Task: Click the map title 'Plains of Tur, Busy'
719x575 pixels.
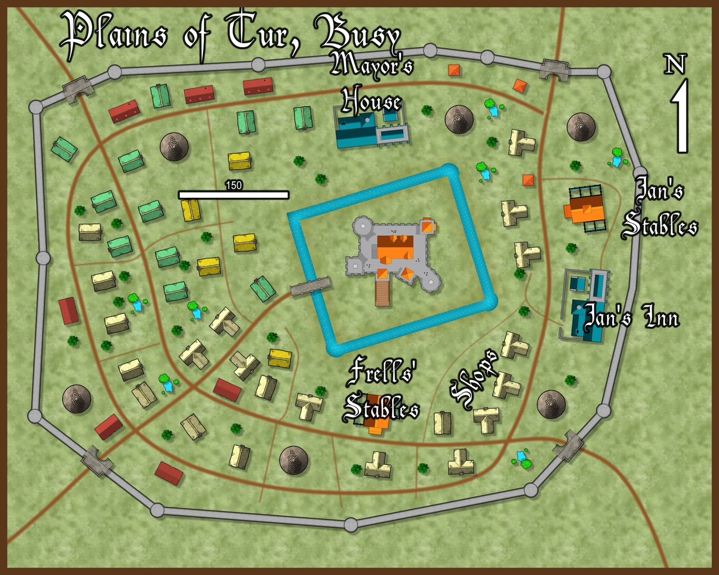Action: tap(230, 35)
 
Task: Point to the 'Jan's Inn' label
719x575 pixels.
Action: tap(631, 317)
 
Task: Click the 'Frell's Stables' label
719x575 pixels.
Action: tap(381, 391)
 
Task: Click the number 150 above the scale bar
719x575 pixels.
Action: tap(233, 185)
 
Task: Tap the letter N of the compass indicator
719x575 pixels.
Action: tap(675, 65)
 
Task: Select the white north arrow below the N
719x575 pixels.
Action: tap(681, 117)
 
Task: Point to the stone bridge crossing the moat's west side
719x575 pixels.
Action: tap(310, 286)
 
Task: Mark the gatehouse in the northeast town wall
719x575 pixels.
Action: tap(555, 70)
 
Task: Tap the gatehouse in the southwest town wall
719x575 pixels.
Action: tap(97, 461)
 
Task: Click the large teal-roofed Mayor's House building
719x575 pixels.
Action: tap(357, 131)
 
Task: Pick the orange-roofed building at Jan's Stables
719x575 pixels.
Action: tap(585, 209)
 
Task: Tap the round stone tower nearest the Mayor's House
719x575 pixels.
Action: tap(459, 119)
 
